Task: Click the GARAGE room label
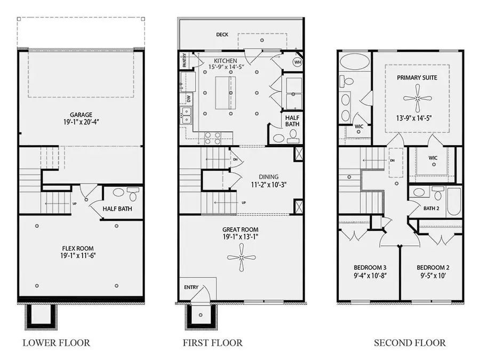point(81,115)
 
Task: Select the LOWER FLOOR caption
point(56,343)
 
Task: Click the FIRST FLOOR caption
point(212,343)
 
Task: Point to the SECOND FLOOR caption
point(410,343)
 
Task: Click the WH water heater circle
point(297,62)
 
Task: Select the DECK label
point(222,35)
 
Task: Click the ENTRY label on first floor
point(191,287)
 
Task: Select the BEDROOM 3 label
point(370,268)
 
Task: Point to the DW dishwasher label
point(189,98)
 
